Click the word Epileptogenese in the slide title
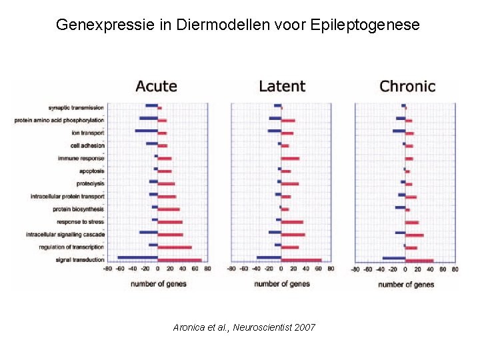(365, 25)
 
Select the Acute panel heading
(157, 86)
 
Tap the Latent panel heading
(282, 86)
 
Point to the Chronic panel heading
(407, 86)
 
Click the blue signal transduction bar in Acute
(138, 257)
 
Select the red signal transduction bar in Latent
(301, 261)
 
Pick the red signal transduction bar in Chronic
(419, 261)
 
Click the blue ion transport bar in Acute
(146, 131)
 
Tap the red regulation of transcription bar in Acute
(175, 247)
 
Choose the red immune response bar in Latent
(290, 159)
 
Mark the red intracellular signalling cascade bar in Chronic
(415, 235)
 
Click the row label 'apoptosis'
(91, 171)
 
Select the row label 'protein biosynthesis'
(78, 209)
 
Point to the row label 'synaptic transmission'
(76, 108)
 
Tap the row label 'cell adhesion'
(87, 146)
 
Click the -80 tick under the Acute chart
(107, 269)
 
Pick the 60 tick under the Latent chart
(318, 269)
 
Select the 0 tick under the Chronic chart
(405, 269)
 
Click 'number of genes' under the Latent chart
(282, 284)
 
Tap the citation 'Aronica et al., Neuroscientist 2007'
(244, 327)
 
